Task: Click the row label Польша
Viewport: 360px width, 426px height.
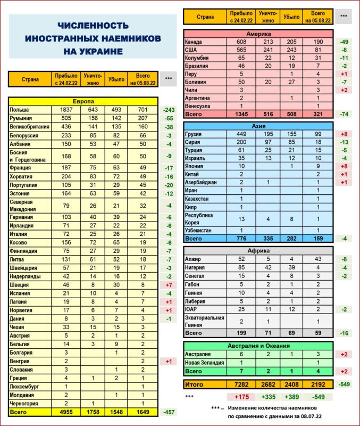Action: (19, 109)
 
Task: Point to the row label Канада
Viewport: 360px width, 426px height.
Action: (194, 42)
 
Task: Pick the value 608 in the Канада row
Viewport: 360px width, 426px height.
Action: (242, 42)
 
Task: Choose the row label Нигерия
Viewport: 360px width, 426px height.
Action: (196, 267)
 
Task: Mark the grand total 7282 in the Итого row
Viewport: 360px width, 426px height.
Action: (242, 383)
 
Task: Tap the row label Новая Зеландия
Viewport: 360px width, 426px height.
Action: (204, 362)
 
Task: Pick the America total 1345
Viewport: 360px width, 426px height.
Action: (242, 114)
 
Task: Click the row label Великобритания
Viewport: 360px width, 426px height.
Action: (30, 126)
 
